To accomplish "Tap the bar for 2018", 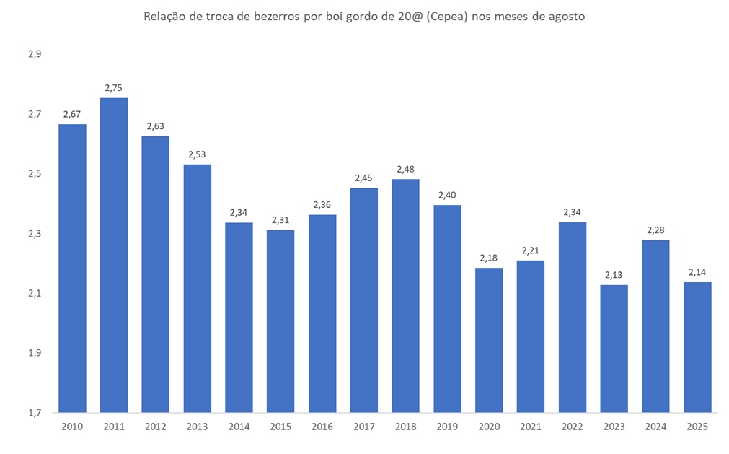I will pyautogui.click(x=406, y=296).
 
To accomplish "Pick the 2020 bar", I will pyautogui.click(x=489, y=340).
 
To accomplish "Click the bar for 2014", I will pyautogui.click(x=239, y=318).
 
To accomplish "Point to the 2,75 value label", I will pyautogui.click(x=114, y=88).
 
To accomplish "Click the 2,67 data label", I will pyautogui.click(x=72, y=114).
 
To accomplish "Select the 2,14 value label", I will pyautogui.click(x=697, y=272).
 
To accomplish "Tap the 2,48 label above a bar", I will pyautogui.click(x=406, y=170).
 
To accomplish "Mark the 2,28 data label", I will pyautogui.click(x=655, y=230).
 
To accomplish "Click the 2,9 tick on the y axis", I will pyautogui.click(x=35, y=55).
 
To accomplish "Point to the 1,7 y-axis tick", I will pyautogui.click(x=35, y=413).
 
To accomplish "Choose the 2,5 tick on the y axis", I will pyautogui.click(x=35, y=174).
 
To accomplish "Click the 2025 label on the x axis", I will pyautogui.click(x=697, y=427).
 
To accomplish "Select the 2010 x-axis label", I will pyautogui.click(x=72, y=427).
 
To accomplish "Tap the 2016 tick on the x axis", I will pyautogui.click(x=322, y=427).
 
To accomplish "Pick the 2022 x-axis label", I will pyautogui.click(x=573, y=427).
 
